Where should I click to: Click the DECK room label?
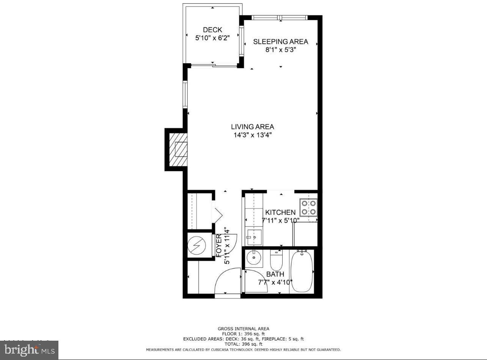[x=212, y=30]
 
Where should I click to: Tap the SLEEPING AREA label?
[x=281, y=42]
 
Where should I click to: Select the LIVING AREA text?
[x=252, y=127]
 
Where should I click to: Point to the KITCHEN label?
[x=280, y=213]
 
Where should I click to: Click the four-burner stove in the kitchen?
[x=308, y=207]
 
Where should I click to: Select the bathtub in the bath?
[x=302, y=271]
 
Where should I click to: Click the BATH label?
[x=275, y=274]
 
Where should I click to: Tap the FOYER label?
[x=219, y=246]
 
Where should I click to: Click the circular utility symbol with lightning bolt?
[x=197, y=246]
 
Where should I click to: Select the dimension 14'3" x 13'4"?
[x=252, y=135]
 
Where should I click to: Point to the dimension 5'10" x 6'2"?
[x=212, y=38]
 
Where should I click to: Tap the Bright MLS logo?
[x=30, y=350]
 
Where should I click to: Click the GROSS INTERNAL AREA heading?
[x=243, y=329]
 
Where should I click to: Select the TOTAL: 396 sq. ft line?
[x=243, y=344]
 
